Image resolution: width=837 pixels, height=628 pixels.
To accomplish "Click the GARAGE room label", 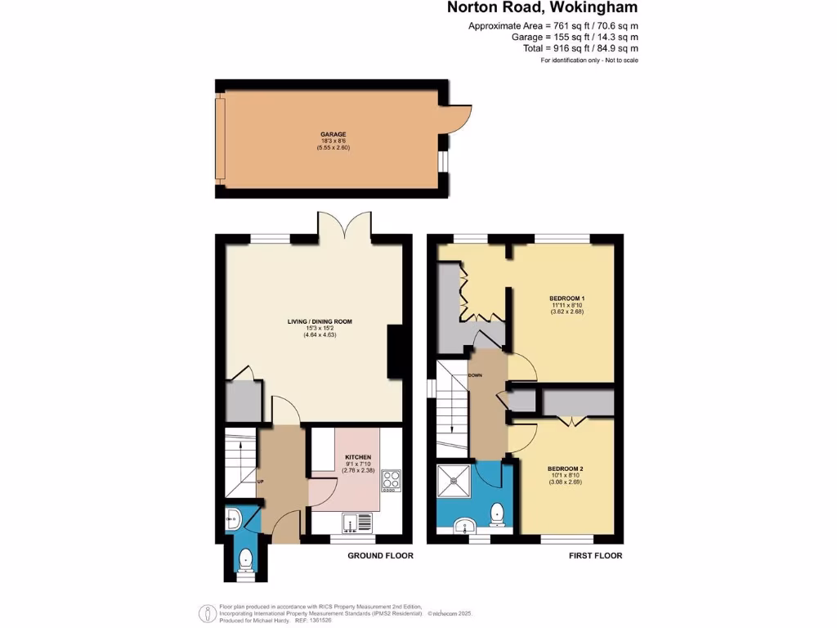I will click(x=333, y=134).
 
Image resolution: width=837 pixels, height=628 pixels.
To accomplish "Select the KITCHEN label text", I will click(x=358, y=457).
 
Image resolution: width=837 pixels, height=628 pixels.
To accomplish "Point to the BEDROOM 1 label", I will click(x=567, y=298).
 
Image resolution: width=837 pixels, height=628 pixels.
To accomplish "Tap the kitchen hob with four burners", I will click(x=390, y=481).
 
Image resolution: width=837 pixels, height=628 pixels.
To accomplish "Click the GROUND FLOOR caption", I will click(x=380, y=556).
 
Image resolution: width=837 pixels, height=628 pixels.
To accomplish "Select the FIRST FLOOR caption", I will click(x=595, y=556).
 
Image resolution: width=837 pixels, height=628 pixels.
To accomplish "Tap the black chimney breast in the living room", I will click(x=395, y=352).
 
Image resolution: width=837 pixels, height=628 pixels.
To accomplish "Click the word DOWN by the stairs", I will click(x=475, y=376).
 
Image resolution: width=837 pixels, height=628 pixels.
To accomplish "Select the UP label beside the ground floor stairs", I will click(x=260, y=481).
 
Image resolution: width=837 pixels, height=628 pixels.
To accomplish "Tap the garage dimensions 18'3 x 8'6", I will click(x=333, y=141).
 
